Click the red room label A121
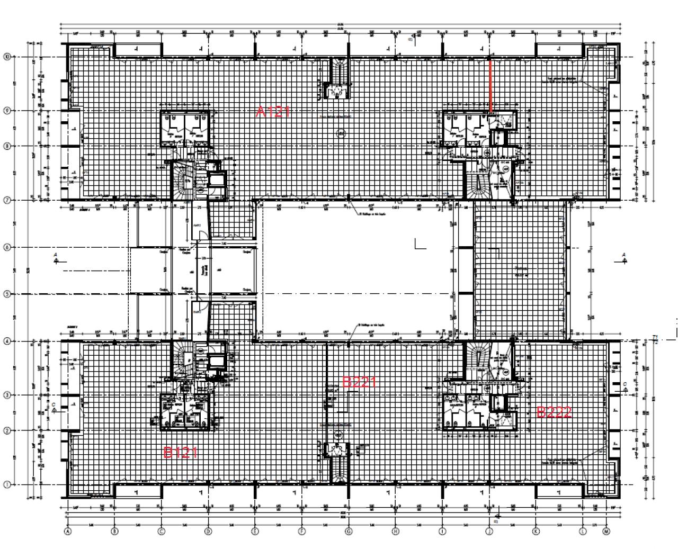(273, 112)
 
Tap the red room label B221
(360, 382)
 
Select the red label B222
(554, 412)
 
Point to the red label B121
(181, 453)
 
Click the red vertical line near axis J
(490, 85)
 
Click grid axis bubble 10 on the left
(7, 57)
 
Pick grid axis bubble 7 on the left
(7, 200)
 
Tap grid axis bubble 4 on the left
(7, 341)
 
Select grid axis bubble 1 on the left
(7, 484)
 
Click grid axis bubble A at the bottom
(68, 531)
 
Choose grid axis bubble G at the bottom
(349, 531)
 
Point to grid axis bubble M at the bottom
(607, 531)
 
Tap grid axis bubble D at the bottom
(208, 531)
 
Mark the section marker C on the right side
(626, 386)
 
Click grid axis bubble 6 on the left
(7, 247)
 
